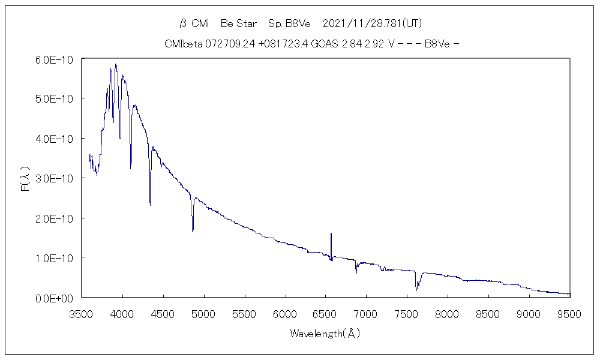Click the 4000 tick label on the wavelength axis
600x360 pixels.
122,314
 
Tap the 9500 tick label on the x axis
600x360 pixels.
569,314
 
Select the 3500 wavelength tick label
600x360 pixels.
82,314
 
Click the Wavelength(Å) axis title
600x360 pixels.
325,334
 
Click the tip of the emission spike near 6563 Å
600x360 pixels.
331,233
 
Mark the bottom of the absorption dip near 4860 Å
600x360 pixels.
193,231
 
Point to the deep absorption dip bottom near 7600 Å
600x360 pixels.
416,290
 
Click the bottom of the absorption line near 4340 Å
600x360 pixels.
150,205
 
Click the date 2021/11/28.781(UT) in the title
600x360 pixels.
373,23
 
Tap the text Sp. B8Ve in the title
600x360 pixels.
290,23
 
